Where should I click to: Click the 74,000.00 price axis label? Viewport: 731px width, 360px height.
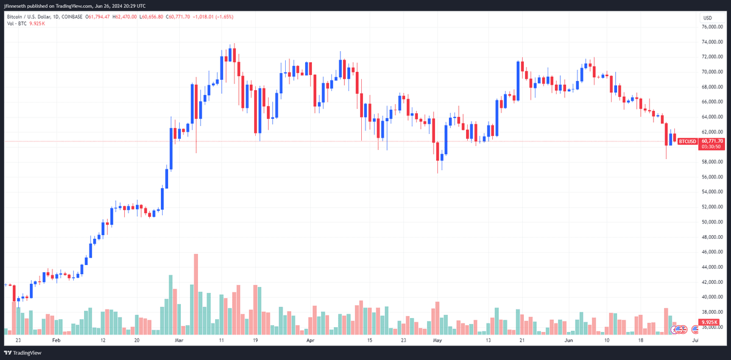[712, 42]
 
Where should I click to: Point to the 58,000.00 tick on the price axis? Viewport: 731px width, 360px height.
[712, 162]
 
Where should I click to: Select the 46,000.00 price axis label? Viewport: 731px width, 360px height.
[712, 252]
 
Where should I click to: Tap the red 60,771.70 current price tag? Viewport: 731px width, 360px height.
[712, 141]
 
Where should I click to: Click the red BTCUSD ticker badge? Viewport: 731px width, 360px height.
[687, 142]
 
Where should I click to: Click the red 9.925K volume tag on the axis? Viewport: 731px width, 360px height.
[709, 322]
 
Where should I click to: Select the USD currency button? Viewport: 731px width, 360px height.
[707, 18]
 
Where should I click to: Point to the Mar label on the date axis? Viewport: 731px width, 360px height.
[179, 341]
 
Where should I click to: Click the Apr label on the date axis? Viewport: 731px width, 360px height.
[310, 341]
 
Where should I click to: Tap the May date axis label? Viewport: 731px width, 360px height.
[437, 341]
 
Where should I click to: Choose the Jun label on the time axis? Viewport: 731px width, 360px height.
[569, 341]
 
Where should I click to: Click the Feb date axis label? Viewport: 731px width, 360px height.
[57, 341]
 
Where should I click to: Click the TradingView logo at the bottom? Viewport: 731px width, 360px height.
[23, 353]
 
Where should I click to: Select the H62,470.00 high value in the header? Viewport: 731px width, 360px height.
[125, 16]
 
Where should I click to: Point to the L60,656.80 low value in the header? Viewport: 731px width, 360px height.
[151, 16]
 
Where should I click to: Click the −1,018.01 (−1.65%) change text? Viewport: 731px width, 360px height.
[213, 16]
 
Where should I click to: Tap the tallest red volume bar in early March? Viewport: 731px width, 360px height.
[196, 294]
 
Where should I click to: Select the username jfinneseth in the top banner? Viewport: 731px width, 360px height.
[15, 6]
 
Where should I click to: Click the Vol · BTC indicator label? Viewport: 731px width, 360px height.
[16, 24]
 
